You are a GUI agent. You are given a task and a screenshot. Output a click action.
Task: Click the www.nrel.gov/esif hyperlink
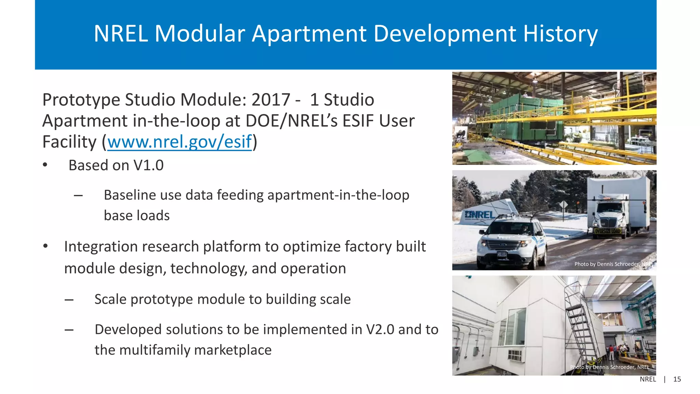(179, 142)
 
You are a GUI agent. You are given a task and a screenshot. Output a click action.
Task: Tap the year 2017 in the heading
(271, 100)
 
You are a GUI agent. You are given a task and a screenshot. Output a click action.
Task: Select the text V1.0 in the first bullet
(148, 166)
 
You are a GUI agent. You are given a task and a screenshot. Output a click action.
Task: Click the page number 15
(677, 379)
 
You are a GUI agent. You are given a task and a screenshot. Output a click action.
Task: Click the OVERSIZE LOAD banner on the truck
(607, 231)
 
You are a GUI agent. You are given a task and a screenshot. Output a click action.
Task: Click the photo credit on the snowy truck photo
(614, 264)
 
